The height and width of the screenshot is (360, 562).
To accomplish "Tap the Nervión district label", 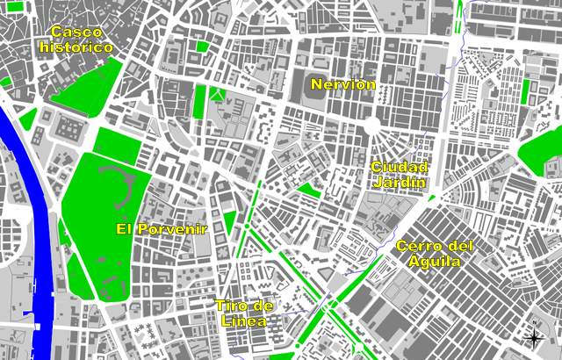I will [x=343, y=84].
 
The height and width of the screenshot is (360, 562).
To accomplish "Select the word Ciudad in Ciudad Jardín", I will [x=400, y=167].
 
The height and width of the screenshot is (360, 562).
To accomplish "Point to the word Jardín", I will [x=400, y=183].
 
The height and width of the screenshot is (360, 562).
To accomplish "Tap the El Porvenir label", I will [x=162, y=228].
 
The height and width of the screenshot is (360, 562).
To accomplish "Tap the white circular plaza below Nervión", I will [x=371, y=126].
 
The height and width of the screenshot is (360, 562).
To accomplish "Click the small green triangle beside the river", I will [x=28, y=119].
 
